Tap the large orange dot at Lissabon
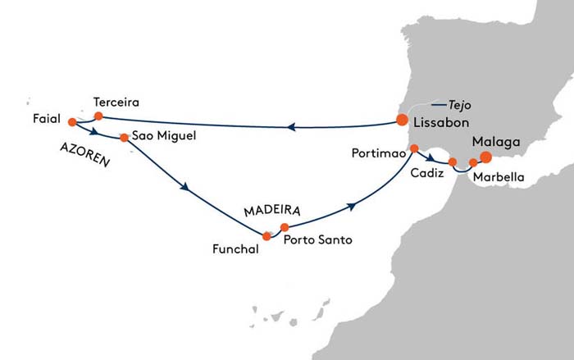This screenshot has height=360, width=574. pyautogui.click(x=402, y=120)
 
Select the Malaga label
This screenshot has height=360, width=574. pyautogui.click(x=496, y=142)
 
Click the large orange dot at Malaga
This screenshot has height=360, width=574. pyautogui.click(x=485, y=157)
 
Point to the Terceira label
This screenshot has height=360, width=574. pyautogui.click(x=116, y=103)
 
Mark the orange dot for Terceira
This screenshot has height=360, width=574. pyautogui.click(x=98, y=116)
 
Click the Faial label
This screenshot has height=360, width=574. pyautogui.click(x=48, y=118)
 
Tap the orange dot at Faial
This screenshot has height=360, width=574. pyautogui.click(x=72, y=123)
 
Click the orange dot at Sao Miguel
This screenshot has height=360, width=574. pyautogui.click(x=125, y=138)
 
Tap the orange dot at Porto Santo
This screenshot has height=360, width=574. pyautogui.click(x=285, y=227)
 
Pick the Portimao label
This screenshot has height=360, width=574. pyautogui.click(x=376, y=153)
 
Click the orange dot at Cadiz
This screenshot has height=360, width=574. pyautogui.click(x=453, y=162)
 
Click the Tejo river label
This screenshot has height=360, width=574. pyautogui.click(x=460, y=104)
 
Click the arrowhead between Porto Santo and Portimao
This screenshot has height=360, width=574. pyautogui.click(x=353, y=207)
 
